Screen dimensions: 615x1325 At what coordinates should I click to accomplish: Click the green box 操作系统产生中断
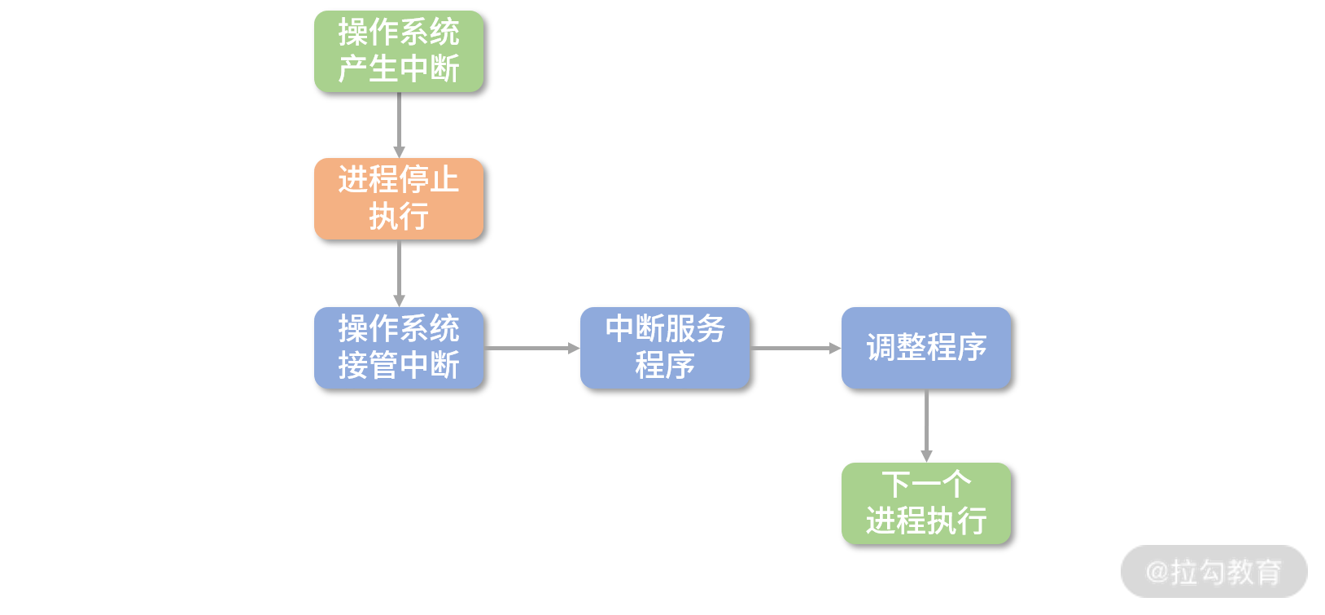399,51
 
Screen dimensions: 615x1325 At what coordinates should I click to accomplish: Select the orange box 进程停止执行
399,199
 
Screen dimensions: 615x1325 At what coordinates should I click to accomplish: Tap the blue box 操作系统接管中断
399,348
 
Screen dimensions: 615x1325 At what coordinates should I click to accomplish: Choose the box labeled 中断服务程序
665,348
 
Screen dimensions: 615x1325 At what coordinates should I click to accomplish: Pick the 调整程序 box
926,348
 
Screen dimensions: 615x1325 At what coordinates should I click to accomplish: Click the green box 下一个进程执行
926,503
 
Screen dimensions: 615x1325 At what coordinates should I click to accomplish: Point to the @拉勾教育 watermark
1213,572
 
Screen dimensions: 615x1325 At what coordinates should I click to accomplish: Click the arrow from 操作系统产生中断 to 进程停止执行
399,124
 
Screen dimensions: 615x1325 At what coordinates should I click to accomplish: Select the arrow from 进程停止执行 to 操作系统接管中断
399,272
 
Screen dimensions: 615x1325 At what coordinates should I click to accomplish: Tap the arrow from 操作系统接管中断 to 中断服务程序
531,348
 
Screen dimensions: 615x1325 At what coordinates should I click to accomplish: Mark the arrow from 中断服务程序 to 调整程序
794,348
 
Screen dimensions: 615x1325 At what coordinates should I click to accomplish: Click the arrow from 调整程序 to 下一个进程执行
926,424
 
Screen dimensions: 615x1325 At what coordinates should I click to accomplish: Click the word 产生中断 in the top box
399,69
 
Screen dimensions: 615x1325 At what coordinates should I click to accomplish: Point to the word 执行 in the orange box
399,217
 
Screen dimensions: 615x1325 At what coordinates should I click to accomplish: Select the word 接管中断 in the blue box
399,366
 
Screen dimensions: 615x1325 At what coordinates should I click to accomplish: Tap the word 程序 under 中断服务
665,366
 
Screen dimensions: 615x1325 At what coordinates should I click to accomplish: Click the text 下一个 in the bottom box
926,485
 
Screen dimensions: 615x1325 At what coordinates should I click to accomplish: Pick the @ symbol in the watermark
1157,572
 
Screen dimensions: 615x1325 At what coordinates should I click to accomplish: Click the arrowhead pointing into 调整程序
835,348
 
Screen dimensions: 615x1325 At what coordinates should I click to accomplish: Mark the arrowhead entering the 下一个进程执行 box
926,456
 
